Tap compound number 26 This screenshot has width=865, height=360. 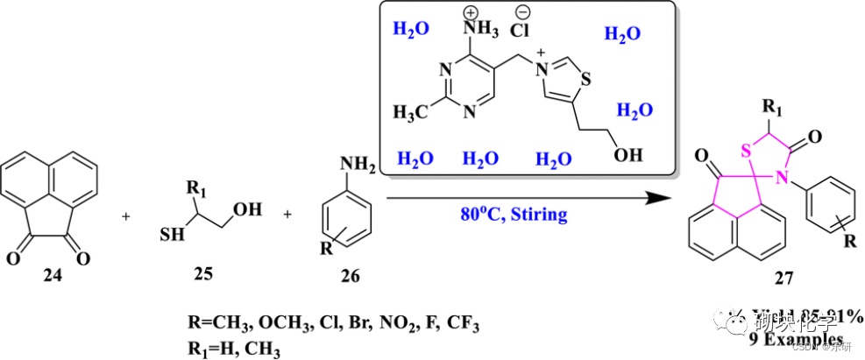tap(348, 278)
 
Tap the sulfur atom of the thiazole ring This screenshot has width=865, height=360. tap(585, 84)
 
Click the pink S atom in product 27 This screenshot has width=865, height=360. tap(747, 149)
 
